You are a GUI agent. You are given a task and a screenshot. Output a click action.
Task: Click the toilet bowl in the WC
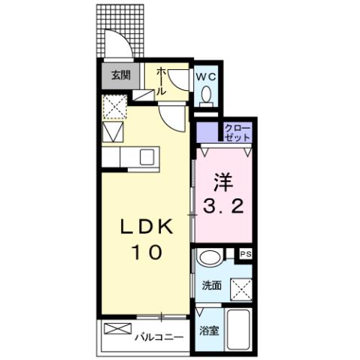205,96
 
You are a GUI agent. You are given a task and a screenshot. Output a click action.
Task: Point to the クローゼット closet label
237,133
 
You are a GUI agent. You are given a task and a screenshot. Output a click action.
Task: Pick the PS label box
245,256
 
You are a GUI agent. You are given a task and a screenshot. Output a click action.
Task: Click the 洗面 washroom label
210,286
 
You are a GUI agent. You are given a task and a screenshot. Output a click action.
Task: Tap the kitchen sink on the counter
147,157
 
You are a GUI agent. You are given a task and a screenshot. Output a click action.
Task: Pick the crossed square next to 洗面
240,288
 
